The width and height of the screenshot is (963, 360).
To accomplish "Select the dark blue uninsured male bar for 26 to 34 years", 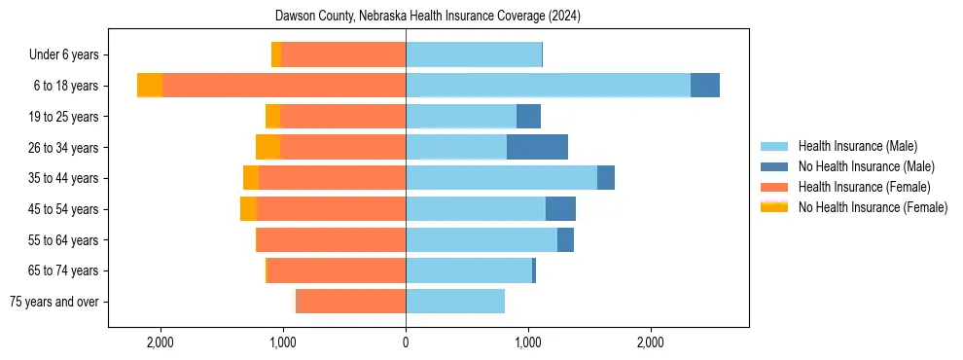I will (537, 147).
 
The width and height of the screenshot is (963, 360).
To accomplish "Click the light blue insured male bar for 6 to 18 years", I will (548, 86).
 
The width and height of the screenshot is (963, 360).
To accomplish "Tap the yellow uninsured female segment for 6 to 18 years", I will (150, 86).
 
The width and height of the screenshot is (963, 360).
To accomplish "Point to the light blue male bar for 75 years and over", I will (455, 302).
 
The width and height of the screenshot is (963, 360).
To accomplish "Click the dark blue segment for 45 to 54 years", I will (560, 209).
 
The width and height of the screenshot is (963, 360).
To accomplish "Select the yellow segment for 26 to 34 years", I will (267, 147).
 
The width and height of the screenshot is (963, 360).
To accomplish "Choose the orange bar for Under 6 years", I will (343, 55).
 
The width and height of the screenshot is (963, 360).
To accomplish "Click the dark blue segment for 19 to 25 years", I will (528, 117).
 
